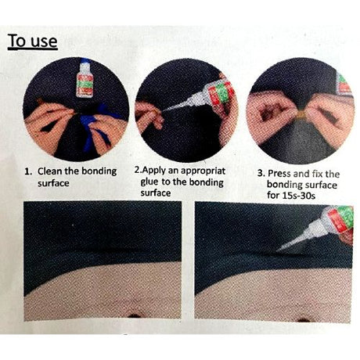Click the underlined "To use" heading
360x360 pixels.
pyautogui.click(x=33, y=40)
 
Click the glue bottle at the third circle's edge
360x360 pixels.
pyautogui.click(x=343, y=82)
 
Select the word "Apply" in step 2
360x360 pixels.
pyautogui.click(x=159, y=167)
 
